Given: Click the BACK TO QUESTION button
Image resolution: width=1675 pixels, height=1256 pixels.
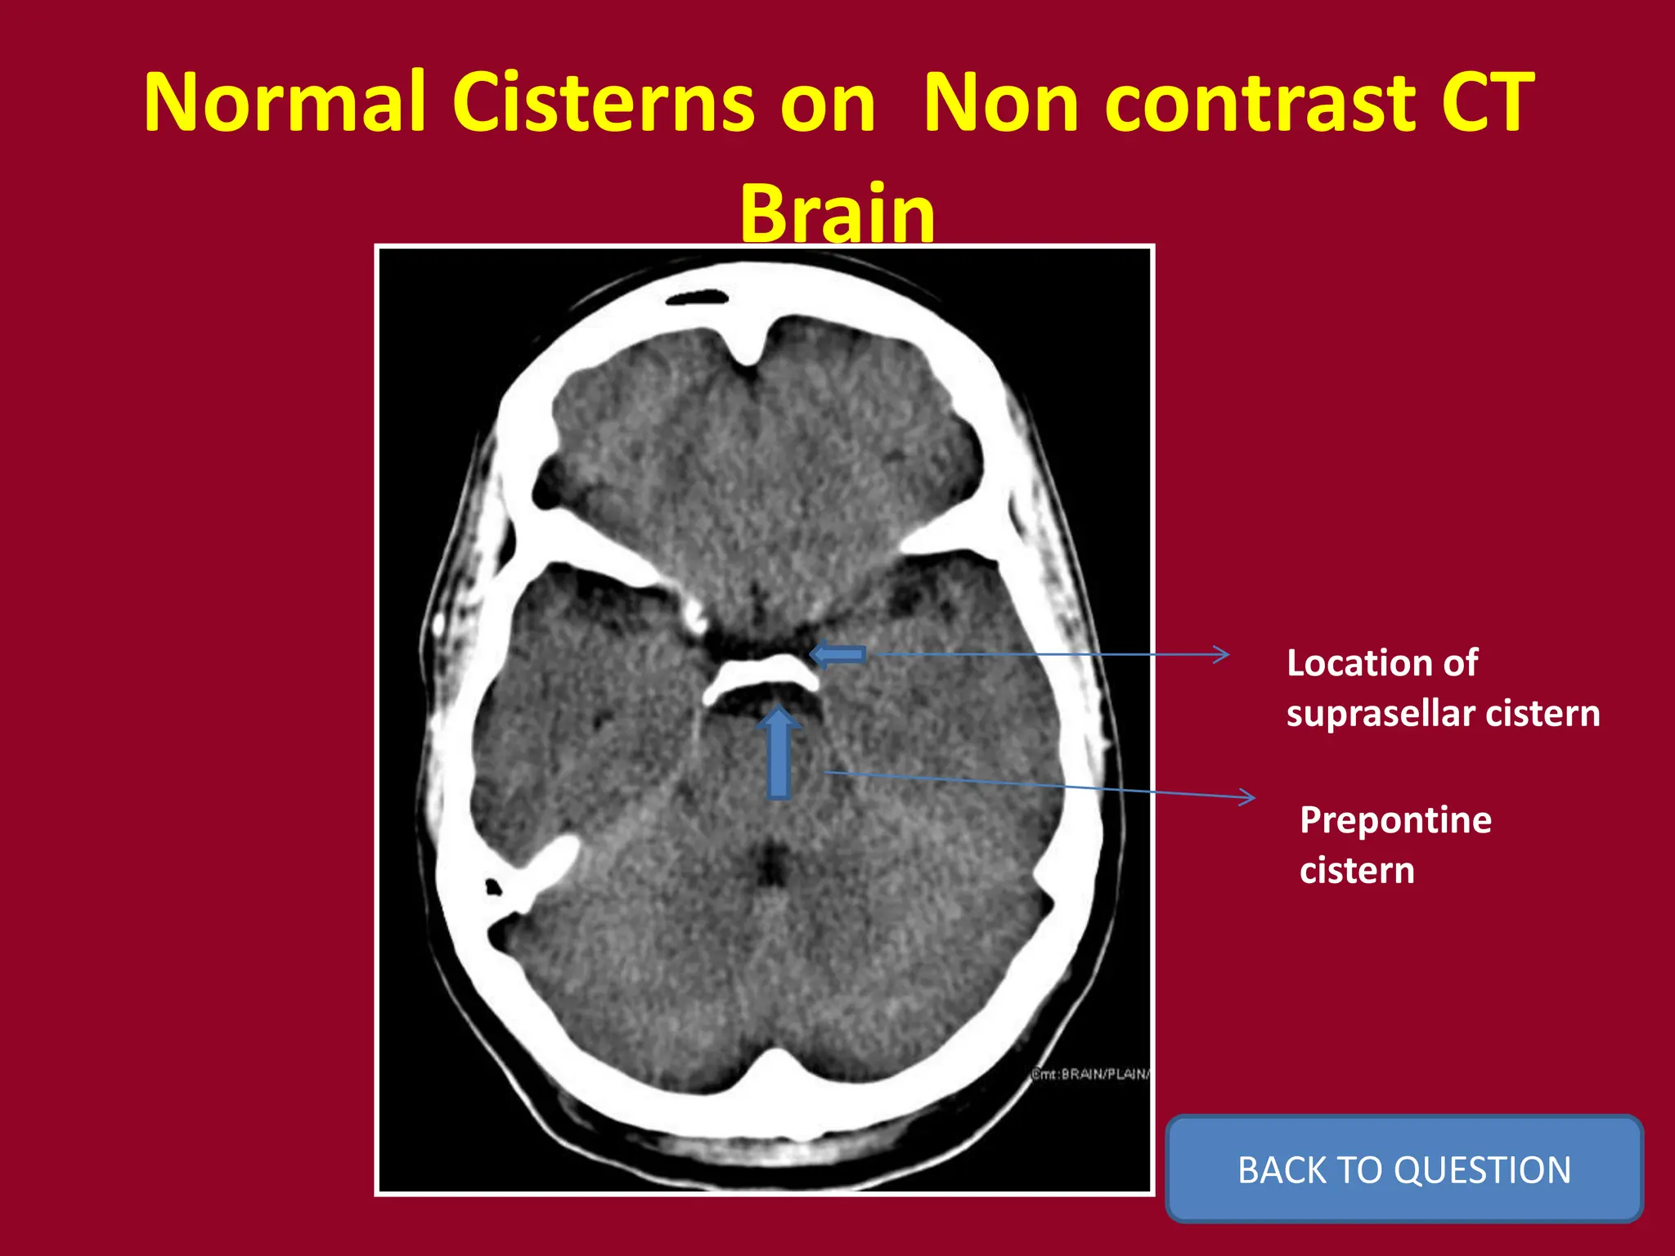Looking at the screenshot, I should click(1403, 1169).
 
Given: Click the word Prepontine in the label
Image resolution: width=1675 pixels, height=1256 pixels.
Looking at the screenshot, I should click(1395, 820).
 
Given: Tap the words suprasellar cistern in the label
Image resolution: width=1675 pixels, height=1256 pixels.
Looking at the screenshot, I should click(1443, 713).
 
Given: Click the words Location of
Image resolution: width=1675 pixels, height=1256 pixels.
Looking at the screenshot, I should click(1382, 662).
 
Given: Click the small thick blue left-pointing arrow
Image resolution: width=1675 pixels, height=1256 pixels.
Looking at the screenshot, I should click(837, 655).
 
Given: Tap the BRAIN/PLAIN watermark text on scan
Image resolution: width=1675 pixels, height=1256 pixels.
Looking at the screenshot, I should click(1090, 1074).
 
